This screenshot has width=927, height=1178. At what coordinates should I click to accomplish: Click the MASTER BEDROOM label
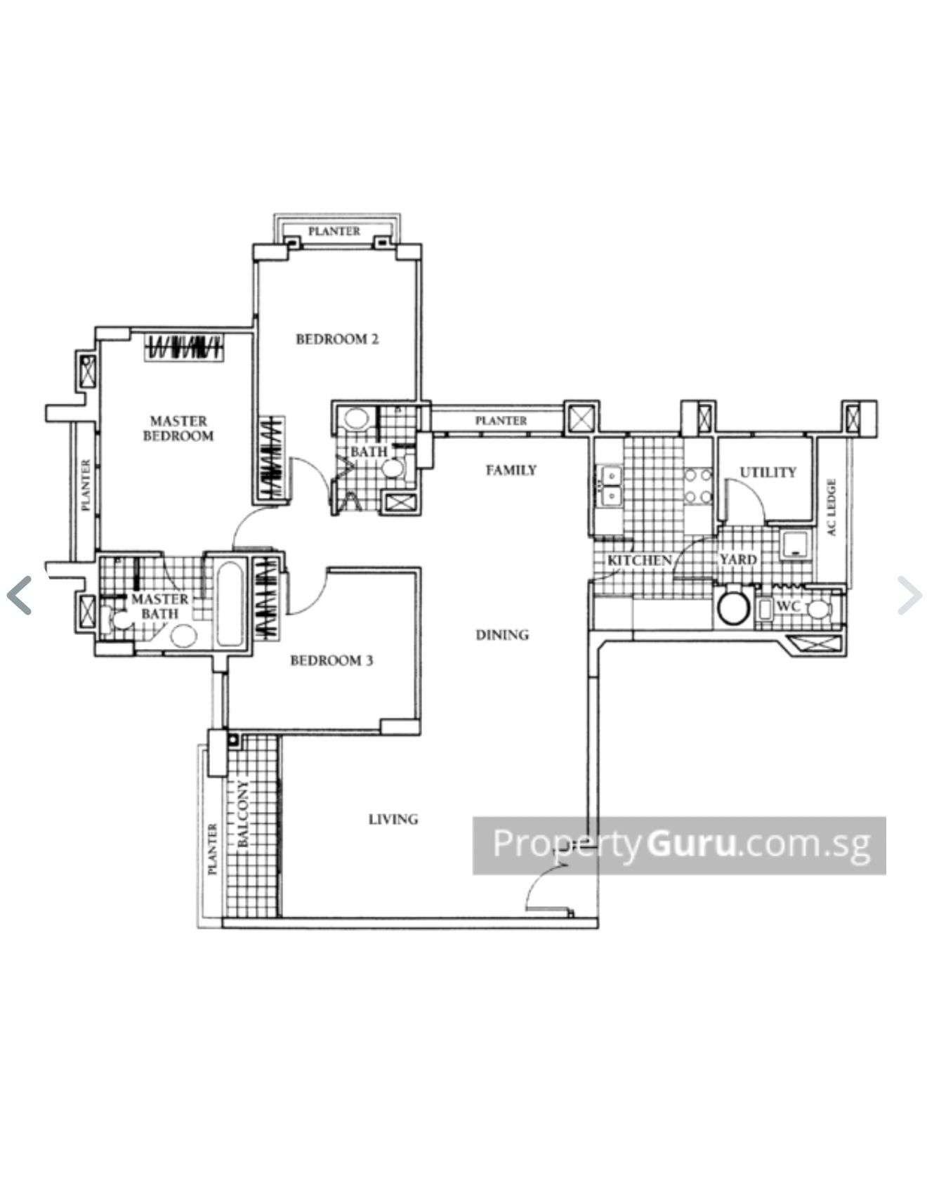coord(178,428)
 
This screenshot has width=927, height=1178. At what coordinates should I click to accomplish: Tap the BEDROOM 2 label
coord(337,339)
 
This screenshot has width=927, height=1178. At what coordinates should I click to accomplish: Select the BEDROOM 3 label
coord(331,660)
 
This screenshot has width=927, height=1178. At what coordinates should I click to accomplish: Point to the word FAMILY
coord(511,470)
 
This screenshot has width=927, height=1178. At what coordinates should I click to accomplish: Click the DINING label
coord(502,635)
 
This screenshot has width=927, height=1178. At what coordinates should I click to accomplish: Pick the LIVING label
coord(393,819)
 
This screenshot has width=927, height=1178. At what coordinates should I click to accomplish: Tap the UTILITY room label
coord(768,472)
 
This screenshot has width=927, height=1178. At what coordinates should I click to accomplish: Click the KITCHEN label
coord(640,561)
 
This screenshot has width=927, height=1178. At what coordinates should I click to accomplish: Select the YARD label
coord(737,560)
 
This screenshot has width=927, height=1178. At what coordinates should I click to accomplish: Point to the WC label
coord(789,606)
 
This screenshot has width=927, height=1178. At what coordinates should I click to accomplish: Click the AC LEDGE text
coord(832,507)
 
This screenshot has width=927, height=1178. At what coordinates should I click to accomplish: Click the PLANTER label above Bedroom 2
coord(334,231)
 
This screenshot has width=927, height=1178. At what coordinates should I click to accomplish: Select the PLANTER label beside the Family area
coord(501,421)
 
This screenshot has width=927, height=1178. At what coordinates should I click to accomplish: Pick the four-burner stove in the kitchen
coord(699,486)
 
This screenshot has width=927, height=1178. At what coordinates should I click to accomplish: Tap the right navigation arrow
coord(909,595)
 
